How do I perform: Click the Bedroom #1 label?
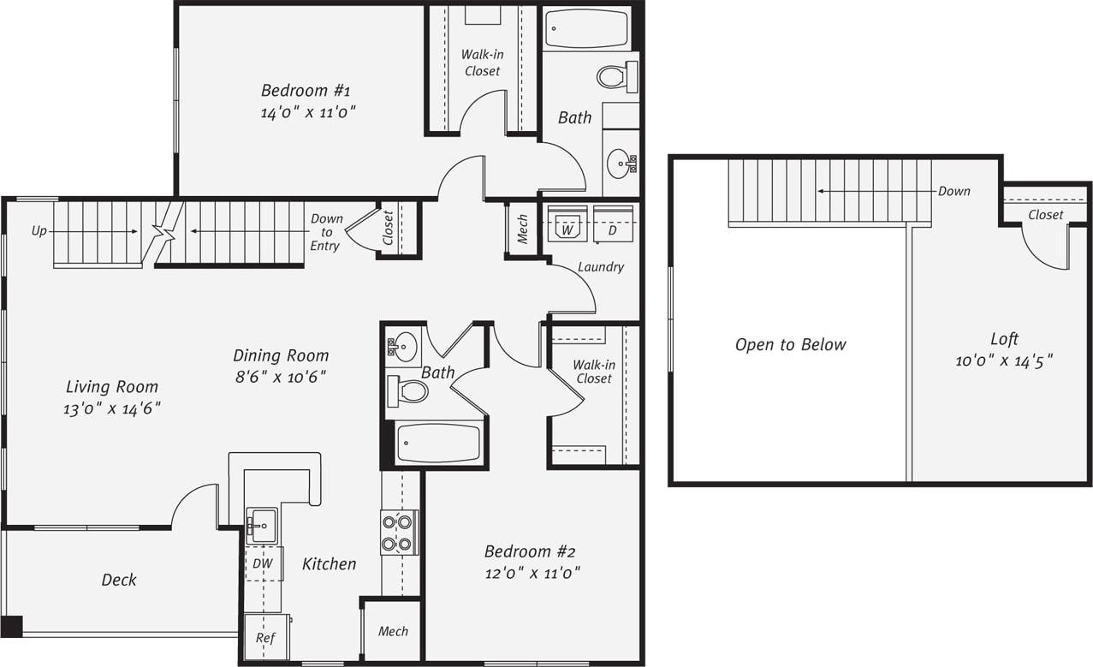306,90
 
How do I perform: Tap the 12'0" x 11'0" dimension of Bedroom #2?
532,574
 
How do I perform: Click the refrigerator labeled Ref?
265,638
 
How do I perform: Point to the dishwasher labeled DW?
263,563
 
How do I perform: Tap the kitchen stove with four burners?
399,532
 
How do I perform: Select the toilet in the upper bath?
617,76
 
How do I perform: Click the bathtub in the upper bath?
586,29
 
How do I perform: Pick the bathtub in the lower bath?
438,443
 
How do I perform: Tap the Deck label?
119,580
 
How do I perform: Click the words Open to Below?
790,345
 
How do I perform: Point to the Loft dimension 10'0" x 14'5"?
1004,360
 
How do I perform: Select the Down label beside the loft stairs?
953,191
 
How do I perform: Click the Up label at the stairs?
39,231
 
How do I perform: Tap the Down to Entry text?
325,232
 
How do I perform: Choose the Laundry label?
600,267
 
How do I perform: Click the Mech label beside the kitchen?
393,632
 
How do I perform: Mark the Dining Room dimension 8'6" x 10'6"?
281,377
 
